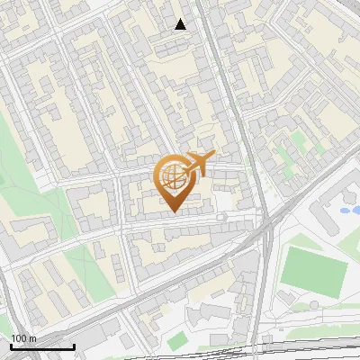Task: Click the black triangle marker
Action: tap(181, 24)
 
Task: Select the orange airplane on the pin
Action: tap(199, 164)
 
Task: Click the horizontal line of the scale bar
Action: tap(42, 346)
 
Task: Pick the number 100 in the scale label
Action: tap(19, 338)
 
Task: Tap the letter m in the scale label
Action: tap(33, 338)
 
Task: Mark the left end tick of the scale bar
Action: tap(11, 345)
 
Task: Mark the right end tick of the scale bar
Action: tap(74, 345)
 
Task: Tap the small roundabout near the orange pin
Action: tap(220, 217)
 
